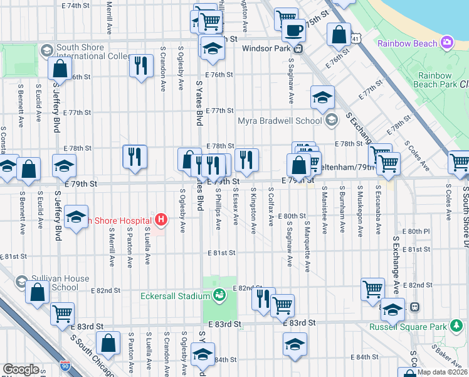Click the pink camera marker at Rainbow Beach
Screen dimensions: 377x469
click(447, 43)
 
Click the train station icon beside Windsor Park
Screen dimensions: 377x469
click(299, 48)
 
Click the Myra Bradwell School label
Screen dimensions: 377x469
click(279, 121)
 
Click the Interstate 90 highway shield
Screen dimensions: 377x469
click(65, 365)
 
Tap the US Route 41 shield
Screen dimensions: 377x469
click(356, 39)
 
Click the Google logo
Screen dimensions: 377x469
click(21, 369)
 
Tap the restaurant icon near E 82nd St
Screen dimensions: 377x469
click(262, 299)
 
